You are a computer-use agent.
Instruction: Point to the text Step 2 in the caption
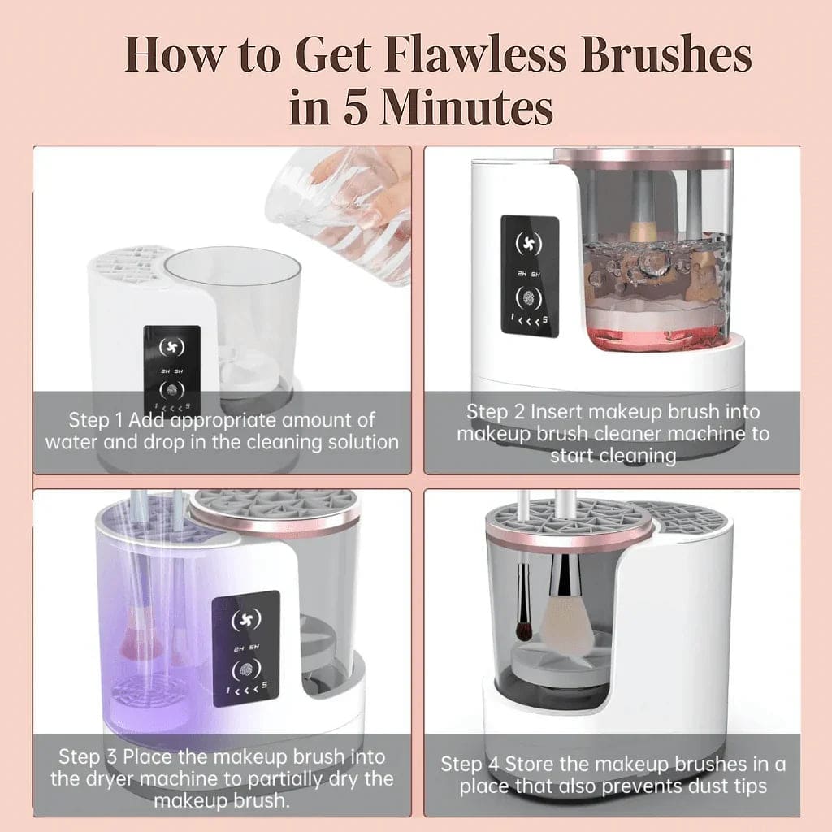(x=495, y=411)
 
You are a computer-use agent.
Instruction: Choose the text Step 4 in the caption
(x=470, y=764)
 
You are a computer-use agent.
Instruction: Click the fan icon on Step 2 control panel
(x=530, y=243)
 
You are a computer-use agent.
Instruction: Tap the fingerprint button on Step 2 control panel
(x=530, y=297)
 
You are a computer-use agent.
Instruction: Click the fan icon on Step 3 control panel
(x=246, y=620)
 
